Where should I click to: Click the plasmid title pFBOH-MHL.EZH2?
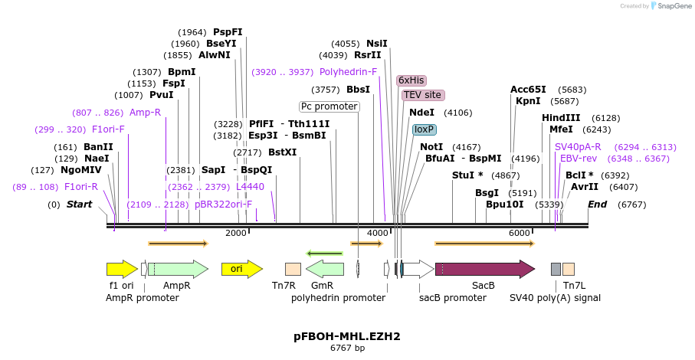(347, 335)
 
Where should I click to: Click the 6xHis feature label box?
(411, 80)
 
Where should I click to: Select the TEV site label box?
(422, 95)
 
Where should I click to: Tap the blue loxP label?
(424, 129)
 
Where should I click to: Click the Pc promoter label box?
(329, 106)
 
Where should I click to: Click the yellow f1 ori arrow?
(122, 269)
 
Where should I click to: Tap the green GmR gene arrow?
(325, 269)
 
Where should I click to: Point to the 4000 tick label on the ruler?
(377, 233)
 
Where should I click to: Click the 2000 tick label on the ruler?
(235, 233)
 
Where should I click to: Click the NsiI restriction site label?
(377, 44)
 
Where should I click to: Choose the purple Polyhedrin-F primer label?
(348, 72)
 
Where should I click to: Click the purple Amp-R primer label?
(145, 113)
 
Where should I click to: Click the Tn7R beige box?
(293, 269)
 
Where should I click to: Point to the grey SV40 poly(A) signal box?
(556, 269)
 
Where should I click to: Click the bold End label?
(598, 205)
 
